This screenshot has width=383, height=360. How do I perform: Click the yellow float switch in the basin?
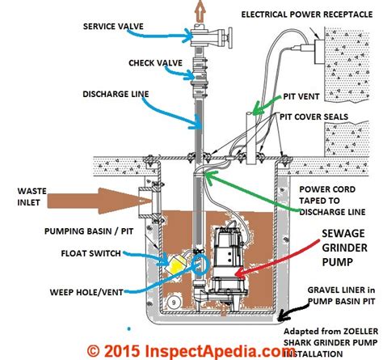pyautogui.click(x=175, y=262)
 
